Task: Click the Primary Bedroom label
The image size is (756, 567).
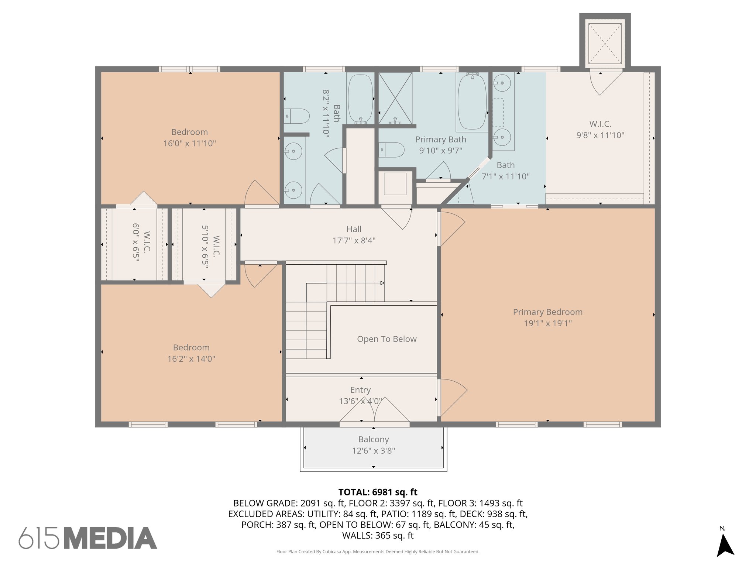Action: [x=547, y=312]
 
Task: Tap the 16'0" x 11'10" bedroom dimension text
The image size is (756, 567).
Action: [x=189, y=143]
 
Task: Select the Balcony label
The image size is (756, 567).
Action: [x=374, y=439]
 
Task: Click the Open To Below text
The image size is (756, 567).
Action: [x=386, y=339]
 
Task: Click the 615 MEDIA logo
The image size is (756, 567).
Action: [x=88, y=538]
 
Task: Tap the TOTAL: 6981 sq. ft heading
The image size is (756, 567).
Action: [x=378, y=492]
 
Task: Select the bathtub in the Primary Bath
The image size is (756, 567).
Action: [x=472, y=102]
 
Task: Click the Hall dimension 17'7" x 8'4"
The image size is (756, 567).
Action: [x=354, y=241]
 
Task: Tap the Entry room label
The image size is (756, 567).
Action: [x=360, y=390]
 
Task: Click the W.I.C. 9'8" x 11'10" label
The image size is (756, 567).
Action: [x=600, y=130]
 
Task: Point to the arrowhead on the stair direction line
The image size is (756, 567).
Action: [x=382, y=283]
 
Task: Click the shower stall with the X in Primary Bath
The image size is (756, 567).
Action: [x=395, y=98]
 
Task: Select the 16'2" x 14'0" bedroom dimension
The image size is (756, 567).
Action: [x=191, y=359]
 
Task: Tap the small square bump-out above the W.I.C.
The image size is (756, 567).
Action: [x=605, y=44]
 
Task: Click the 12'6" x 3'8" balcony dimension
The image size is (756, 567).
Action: [x=374, y=451]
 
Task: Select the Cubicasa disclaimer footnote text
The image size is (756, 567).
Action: [x=378, y=551]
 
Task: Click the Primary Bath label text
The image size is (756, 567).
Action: [x=440, y=140]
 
